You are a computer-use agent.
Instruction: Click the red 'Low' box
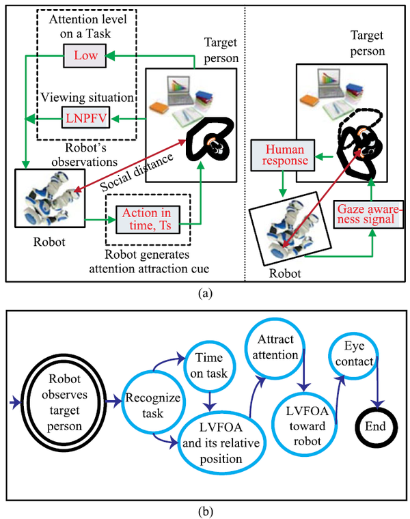coord(85,55)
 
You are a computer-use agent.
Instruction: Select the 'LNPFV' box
coord(86,117)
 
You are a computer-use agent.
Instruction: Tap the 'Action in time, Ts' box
coord(148,219)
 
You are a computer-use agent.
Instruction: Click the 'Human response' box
coord(282,155)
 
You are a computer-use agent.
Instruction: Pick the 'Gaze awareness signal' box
coord(368,214)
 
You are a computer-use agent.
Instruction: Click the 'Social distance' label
coord(137,173)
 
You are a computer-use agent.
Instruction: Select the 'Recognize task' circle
coord(152,402)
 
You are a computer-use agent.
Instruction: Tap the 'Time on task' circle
coord(210,367)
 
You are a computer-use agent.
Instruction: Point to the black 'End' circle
coord(376,426)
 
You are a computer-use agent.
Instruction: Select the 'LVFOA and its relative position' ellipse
coord(221,443)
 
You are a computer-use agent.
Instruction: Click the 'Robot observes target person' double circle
coord(64,402)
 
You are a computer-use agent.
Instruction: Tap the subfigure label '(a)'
coord(205,293)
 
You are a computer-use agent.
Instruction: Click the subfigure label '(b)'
coord(205,511)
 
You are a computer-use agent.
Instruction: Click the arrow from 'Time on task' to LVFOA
coord(210,401)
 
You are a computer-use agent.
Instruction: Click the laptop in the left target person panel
coord(180,90)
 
